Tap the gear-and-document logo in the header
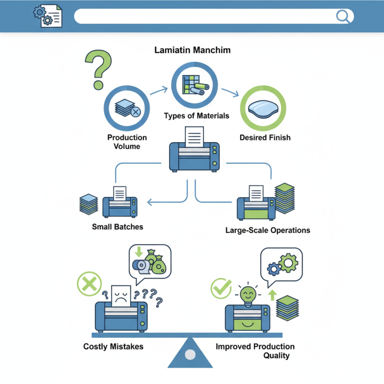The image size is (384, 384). point(47,16)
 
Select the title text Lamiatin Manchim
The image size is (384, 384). point(192,50)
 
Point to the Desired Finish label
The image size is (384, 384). point(265,138)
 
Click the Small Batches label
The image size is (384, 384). point(118,227)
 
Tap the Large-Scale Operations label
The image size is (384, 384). point(267,230)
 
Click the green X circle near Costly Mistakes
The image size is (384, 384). point(89,284)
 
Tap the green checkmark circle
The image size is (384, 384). point(221,289)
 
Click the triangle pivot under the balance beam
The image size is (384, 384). point(190,353)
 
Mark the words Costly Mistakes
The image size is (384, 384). point(113,347)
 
